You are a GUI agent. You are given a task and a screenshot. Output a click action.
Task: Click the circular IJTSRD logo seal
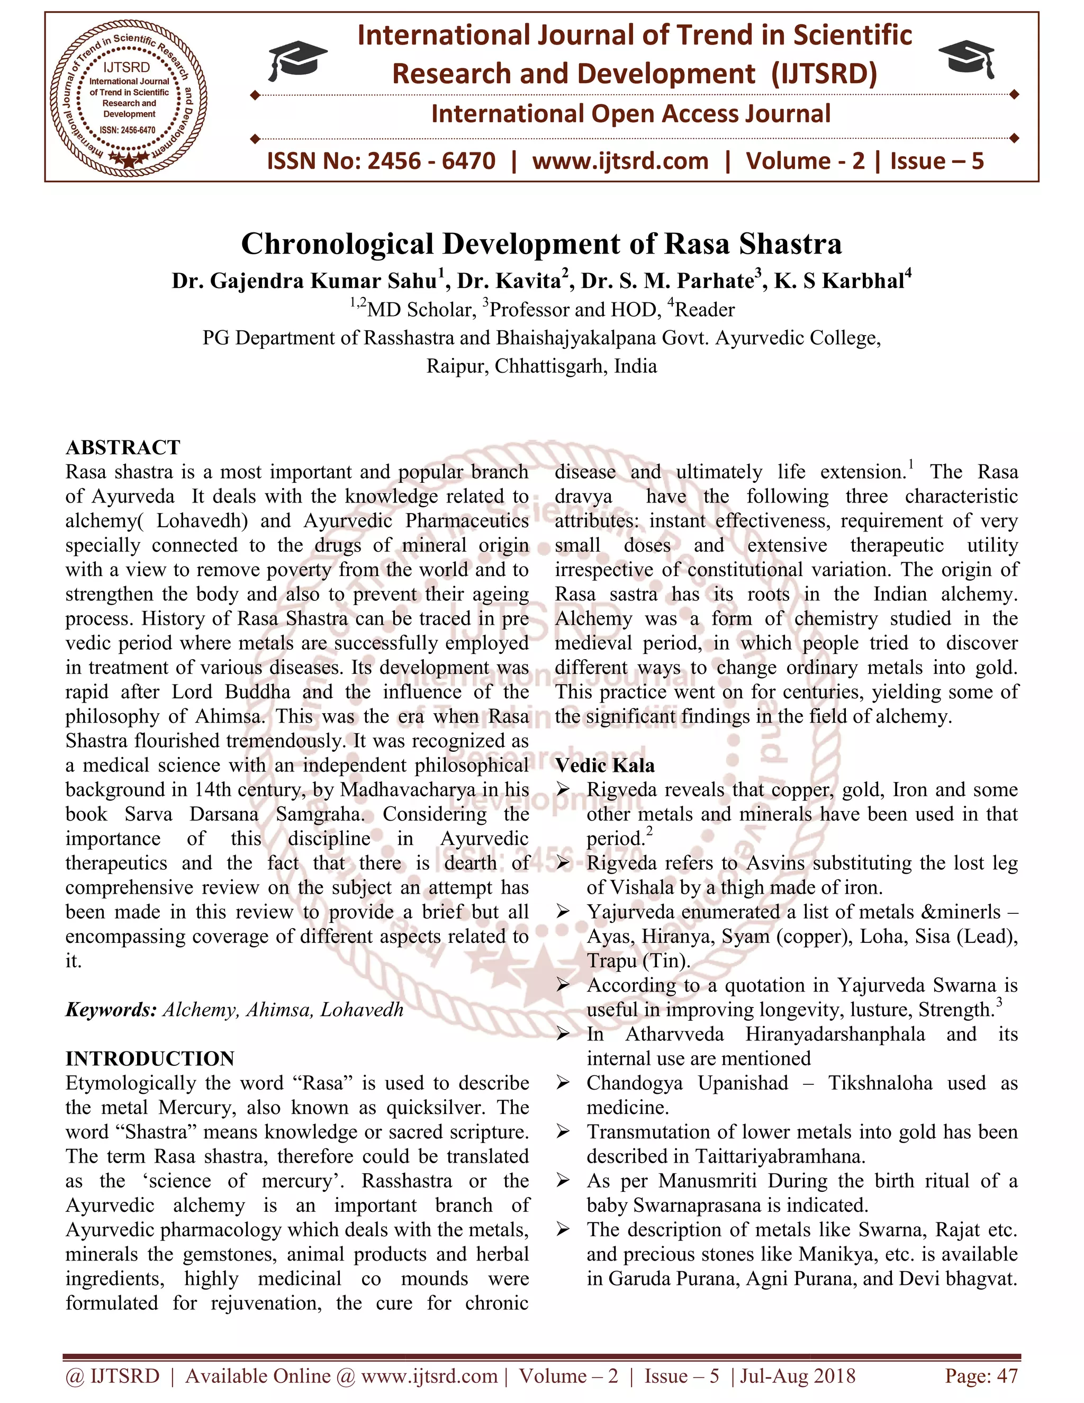click(x=129, y=97)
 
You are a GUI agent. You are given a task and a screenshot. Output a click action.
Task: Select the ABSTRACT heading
click(x=123, y=447)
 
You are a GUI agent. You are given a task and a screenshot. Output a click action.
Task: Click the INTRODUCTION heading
click(x=150, y=1059)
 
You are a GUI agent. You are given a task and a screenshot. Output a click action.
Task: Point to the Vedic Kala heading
click(x=605, y=765)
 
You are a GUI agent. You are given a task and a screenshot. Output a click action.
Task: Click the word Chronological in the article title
click(x=338, y=244)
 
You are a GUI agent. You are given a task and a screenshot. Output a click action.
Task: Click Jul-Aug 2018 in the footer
click(x=798, y=1376)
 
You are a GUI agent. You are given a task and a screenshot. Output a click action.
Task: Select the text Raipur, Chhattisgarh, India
click(x=541, y=366)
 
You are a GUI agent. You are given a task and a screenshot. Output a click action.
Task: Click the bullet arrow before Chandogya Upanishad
click(x=563, y=1084)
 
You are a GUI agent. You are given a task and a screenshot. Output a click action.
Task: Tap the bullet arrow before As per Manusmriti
click(x=563, y=1181)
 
